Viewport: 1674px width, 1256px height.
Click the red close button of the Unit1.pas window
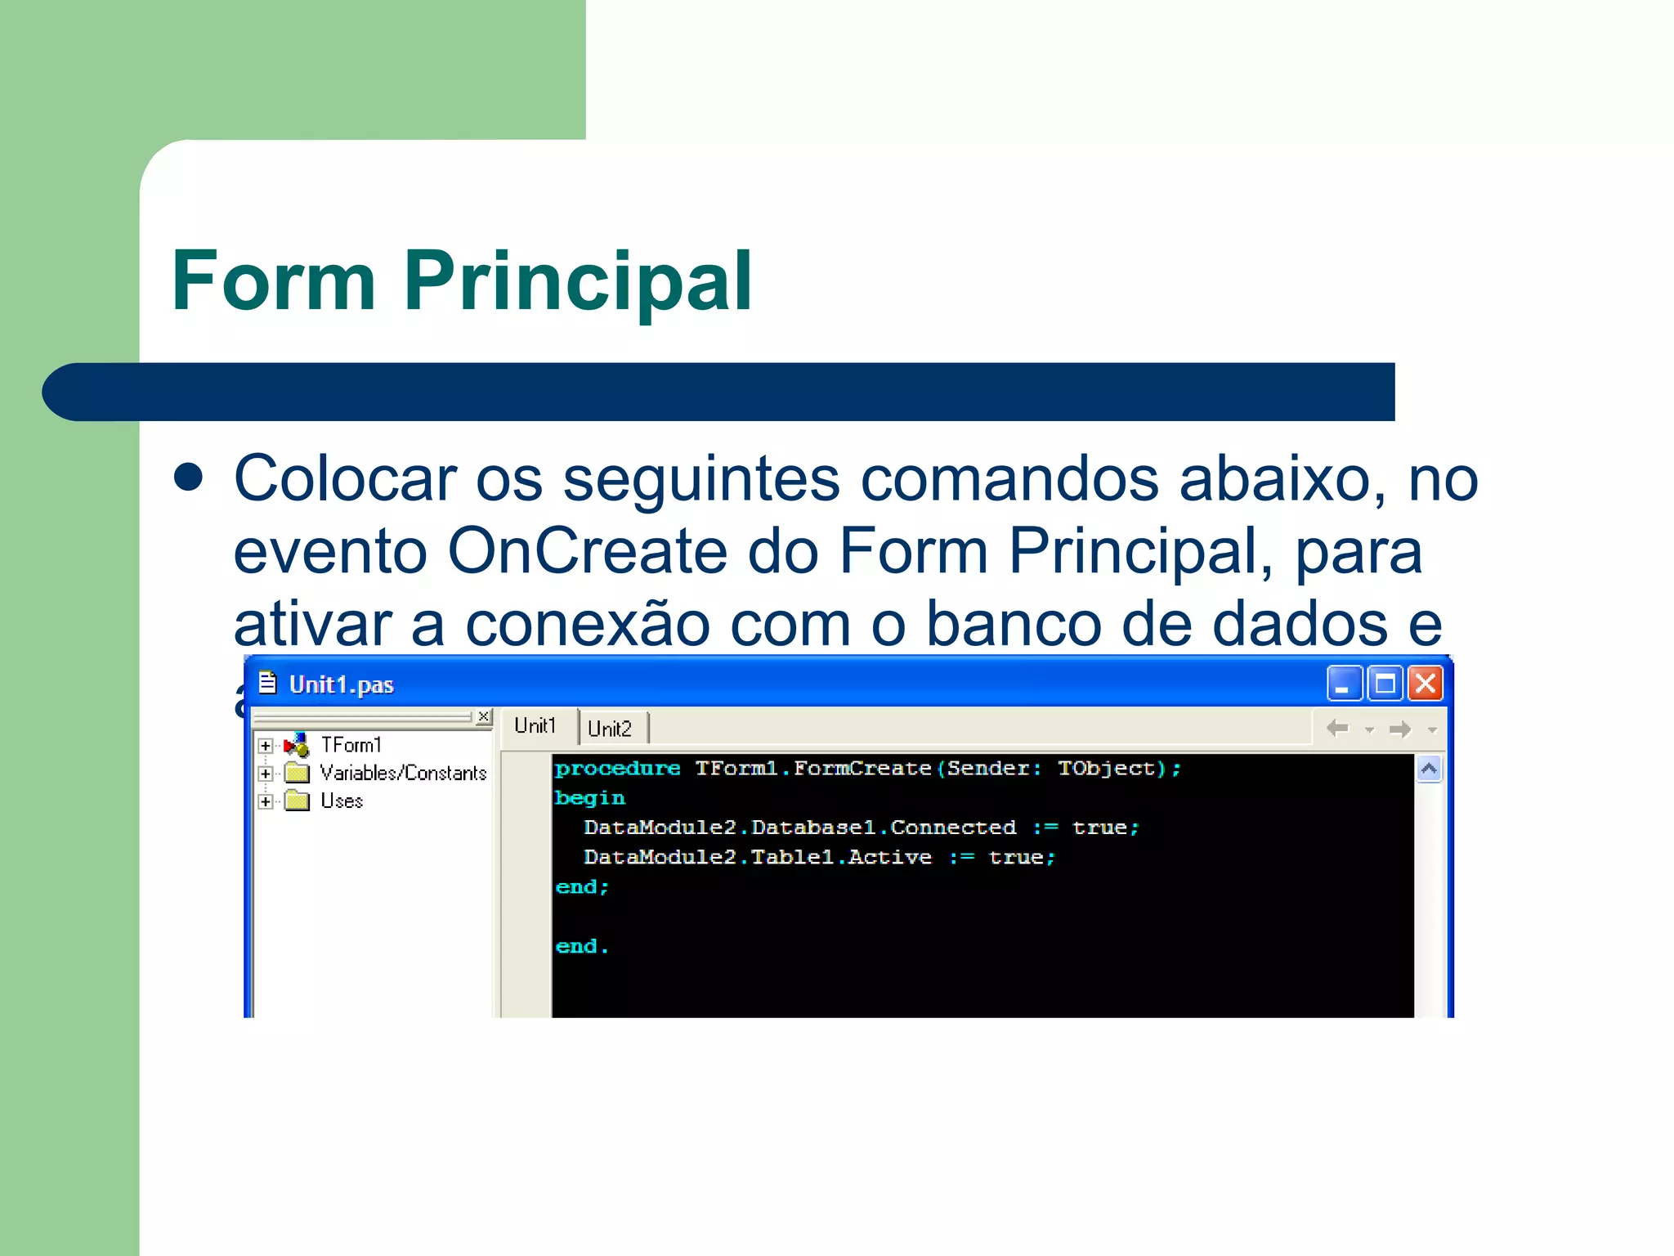coord(1426,684)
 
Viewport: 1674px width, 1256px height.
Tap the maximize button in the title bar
coord(1385,684)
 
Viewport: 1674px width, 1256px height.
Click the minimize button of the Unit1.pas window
coord(1344,684)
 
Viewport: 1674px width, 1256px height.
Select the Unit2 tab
coord(610,729)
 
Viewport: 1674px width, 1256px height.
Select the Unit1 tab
coord(535,726)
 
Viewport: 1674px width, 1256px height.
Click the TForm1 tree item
coord(351,745)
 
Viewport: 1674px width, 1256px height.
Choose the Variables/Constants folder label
coord(403,773)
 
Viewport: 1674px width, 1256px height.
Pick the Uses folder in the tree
coord(341,801)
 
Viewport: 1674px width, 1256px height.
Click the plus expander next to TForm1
coord(265,746)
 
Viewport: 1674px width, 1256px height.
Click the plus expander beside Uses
coord(265,801)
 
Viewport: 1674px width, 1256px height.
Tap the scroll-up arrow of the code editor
coord(1429,769)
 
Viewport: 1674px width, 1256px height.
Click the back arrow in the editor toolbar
coord(1337,728)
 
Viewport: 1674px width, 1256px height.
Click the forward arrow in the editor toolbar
coord(1400,729)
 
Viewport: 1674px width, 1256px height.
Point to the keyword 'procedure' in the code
coord(617,769)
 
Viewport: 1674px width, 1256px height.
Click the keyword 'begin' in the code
coord(589,798)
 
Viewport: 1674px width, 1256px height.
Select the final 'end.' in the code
coord(581,946)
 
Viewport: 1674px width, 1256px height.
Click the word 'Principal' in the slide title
coord(577,280)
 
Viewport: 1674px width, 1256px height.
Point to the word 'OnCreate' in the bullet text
coord(587,550)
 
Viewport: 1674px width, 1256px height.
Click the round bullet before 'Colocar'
coord(189,478)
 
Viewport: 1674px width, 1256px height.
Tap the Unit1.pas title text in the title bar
coord(341,684)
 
